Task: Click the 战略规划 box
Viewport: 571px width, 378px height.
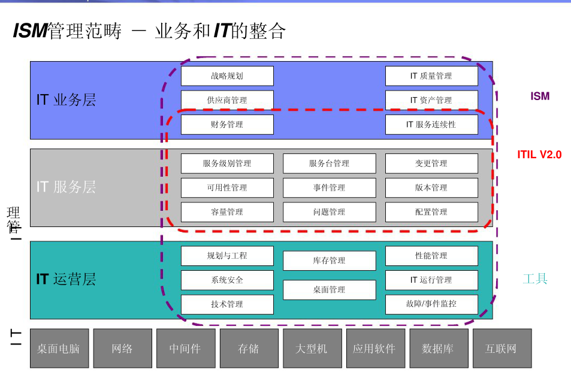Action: tap(227, 76)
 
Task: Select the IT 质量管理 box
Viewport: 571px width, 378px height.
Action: tap(431, 76)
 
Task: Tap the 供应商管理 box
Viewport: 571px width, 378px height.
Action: tap(227, 100)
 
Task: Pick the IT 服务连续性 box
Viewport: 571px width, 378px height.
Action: tap(431, 125)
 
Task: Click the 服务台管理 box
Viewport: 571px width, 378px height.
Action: tap(329, 164)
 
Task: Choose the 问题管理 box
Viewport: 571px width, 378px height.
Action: tap(329, 212)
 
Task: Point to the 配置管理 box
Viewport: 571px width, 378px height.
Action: tap(431, 212)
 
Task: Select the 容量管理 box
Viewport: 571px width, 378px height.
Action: tap(227, 212)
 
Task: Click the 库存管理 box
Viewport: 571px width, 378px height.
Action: tap(329, 261)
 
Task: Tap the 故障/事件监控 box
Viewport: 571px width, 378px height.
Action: tap(431, 304)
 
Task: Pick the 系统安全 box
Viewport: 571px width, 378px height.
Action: tap(227, 280)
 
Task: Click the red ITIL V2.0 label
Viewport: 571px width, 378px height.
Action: tap(539, 155)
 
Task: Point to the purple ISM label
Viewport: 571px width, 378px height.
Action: tap(540, 96)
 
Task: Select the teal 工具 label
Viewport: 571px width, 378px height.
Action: tap(535, 279)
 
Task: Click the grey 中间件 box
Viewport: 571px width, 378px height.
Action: tap(185, 348)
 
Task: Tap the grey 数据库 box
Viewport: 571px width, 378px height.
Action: tap(438, 348)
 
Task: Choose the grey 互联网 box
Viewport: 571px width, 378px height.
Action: tap(501, 348)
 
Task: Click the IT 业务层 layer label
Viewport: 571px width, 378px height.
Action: tap(66, 100)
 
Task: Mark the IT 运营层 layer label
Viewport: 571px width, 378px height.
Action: tap(66, 279)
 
